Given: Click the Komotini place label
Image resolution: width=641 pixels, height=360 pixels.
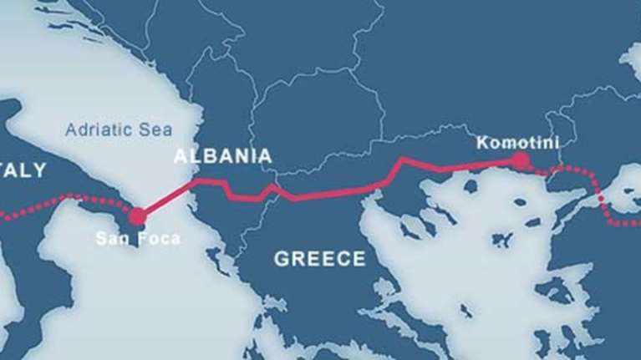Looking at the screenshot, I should coord(517,143).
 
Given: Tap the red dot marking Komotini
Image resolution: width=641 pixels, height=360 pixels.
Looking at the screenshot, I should coord(521,160).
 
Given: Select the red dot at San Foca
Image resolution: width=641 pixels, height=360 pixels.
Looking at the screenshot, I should coord(137,215).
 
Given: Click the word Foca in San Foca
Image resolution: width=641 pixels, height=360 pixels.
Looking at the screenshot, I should coord(158,238).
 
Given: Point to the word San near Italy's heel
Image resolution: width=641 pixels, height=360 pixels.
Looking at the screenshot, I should coord(111,238).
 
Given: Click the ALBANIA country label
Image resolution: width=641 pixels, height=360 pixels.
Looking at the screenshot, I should coord(222,156).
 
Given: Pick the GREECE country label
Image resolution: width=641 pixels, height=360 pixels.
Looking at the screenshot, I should coord(319,258).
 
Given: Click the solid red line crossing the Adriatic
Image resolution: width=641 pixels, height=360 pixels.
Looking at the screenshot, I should coord(167,198).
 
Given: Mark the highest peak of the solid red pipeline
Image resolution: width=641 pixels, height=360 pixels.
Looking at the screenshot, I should coord(403,158).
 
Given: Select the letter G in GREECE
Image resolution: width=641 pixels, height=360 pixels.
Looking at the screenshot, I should coord(281,258).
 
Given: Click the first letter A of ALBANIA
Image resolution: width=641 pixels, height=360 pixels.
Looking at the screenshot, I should coord(179,156).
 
